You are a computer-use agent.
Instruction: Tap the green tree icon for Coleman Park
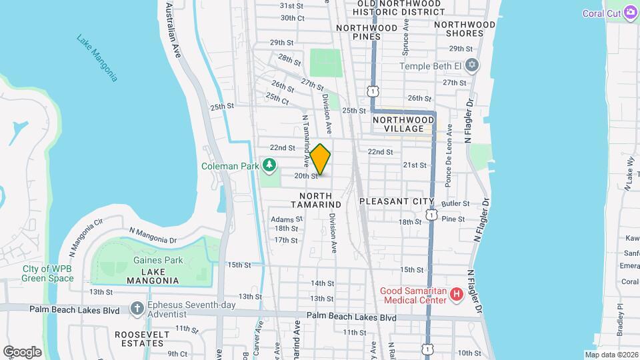[269, 164]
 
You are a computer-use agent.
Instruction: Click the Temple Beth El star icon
[473, 65]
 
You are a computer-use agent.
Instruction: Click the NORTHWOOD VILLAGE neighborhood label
[403, 124]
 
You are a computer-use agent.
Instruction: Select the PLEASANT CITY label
[396, 201]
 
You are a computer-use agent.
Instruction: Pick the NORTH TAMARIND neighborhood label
[316, 200]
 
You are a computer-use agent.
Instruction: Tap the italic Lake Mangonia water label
[97, 58]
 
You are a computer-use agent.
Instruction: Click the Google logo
[22, 351]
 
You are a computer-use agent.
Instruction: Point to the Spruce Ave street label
[405, 41]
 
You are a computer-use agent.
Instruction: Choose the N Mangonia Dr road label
[153, 236]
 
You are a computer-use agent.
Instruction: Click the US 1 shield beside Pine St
[431, 217]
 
